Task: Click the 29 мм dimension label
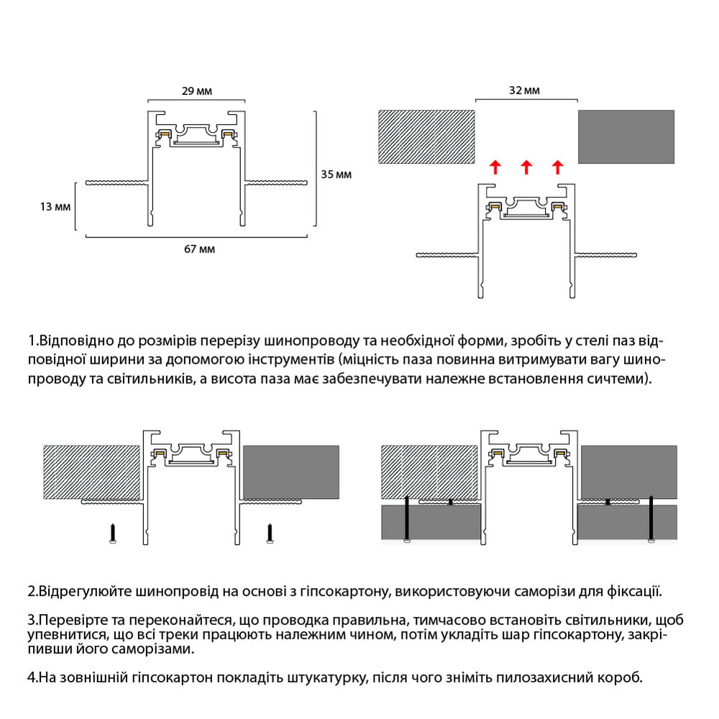tap(197, 91)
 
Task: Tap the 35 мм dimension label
tap(336, 174)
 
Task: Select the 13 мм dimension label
tap(55, 207)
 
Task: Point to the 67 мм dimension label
tap(199, 249)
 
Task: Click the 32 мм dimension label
tap(524, 91)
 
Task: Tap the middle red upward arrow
tap(526, 168)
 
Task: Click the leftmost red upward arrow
tap(495, 168)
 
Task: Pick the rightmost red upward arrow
tap(557, 168)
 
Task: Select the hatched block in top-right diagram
tap(426, 136)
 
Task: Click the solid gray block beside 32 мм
tap(626, 136)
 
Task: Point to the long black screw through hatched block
tap(406, 519)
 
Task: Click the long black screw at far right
tap(651, 519)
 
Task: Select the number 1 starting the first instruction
tap(31, 340)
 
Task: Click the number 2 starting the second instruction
tap(31, 593)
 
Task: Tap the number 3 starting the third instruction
tap(31, 620)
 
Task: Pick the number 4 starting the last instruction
tap(31, 677)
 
